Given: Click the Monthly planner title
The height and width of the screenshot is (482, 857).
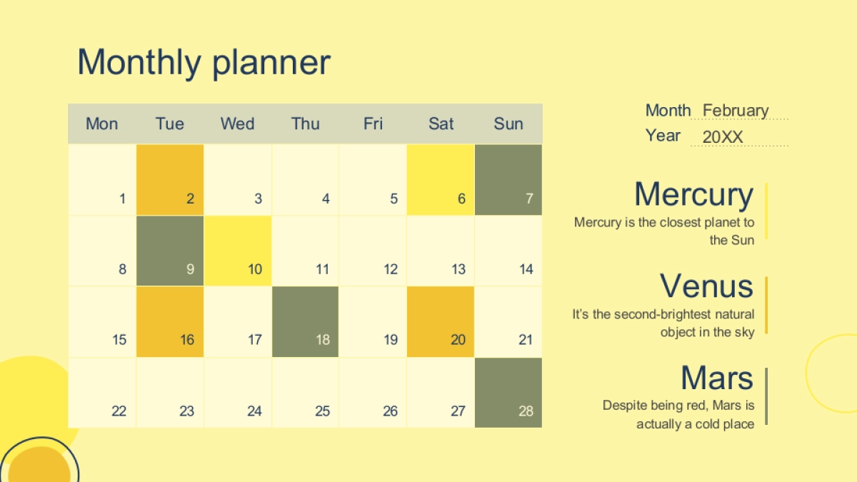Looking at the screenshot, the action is [x=204, y=62].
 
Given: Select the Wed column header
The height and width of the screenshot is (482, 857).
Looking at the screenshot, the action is [x=237, y=124].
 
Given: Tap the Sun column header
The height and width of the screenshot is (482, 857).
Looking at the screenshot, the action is [x=508, y=124].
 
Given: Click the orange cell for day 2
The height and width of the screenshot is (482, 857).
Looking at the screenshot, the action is [x=170, y=180].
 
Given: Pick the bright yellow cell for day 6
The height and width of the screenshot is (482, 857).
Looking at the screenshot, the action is [x=441, y=180].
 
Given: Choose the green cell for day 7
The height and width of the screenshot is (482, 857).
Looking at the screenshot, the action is [x=508, y=180].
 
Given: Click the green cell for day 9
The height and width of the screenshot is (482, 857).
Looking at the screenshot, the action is [x=170, y=251].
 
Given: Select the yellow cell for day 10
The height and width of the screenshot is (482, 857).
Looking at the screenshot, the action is [x=238, y=251].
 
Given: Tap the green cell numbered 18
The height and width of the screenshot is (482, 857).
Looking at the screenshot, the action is [x=306, y=322].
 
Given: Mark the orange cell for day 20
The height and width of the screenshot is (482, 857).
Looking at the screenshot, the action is [x=441, y=322].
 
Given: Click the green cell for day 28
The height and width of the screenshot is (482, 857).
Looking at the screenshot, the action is [x=508, y=393].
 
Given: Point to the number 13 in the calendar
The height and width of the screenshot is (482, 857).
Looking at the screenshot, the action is [x=458, y=269].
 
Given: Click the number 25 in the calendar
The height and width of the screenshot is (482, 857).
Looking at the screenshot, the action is [x=322, y=411].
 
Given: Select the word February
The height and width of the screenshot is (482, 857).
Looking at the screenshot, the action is [x=736, y=111].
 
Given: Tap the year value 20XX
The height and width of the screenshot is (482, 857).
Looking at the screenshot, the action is [x=723, y=137].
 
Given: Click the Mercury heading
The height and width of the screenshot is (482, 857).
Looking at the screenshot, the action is [x=694, y=195].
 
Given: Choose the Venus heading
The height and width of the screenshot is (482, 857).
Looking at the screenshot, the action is [x=706, y=286].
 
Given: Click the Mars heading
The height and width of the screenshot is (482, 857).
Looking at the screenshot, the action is [x=717, y=378].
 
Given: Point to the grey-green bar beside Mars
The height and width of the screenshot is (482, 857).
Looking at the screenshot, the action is [x=766, y=396].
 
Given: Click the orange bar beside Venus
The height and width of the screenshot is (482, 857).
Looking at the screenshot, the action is [x=766, y=306].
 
